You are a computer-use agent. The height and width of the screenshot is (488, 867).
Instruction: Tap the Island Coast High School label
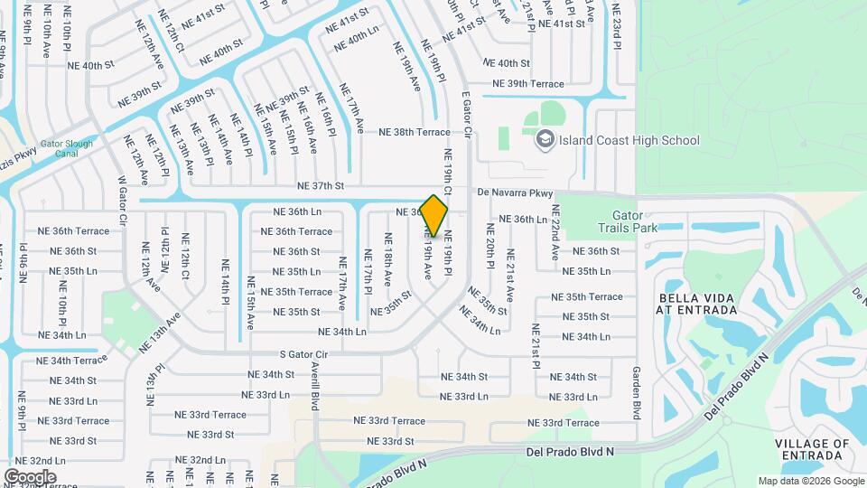click(629, 140)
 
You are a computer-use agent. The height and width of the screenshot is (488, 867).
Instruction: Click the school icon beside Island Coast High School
click(545, 139)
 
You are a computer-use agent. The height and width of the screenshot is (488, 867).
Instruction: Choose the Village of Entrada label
click(812, 450)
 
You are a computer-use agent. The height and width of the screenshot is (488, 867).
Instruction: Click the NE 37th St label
click(322, 186)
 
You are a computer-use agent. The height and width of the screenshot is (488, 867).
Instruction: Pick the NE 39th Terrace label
click(528, 84)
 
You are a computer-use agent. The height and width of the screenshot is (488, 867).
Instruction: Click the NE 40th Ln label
click(356, 43)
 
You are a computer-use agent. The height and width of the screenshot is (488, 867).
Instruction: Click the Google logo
click(30, 476)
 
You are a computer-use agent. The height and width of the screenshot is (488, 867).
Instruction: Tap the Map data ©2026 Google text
click(811, 481)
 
